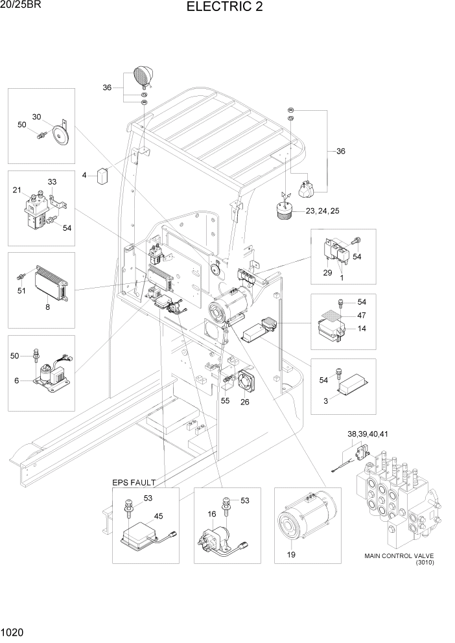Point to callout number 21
17,190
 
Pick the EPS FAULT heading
134,483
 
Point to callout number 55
225,401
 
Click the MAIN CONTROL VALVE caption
399,555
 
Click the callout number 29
327,274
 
